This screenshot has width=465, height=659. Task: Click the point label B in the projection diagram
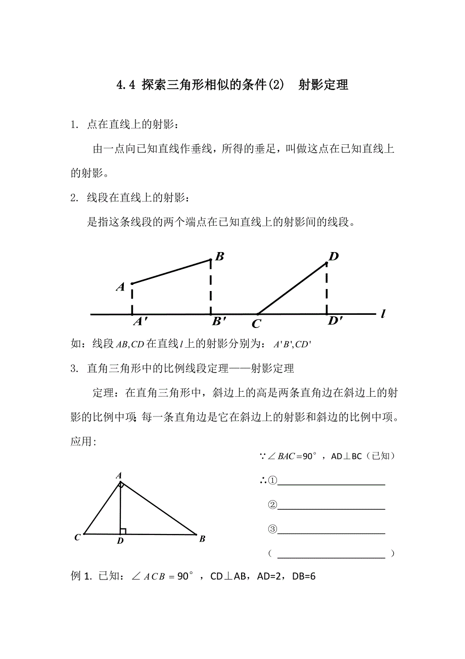[220, 256]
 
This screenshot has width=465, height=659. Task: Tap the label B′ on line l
[219, 321]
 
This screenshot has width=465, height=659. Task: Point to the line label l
[383, 314]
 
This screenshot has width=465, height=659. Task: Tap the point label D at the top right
[333, 257]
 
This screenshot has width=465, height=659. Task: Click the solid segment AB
[171, 272]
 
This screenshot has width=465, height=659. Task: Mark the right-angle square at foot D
[123, 531]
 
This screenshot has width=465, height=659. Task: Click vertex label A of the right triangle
[119, 475]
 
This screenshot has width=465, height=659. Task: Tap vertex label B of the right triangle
[202, 539]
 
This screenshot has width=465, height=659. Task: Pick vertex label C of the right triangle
[77, 538]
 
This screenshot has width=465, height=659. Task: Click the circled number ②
[272, 505]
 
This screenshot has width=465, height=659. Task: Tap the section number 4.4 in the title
[126, 85]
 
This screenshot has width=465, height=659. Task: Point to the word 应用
[82, 441]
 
